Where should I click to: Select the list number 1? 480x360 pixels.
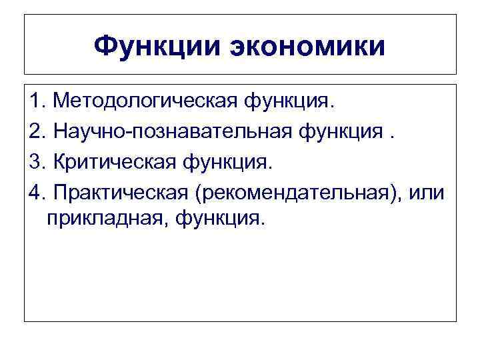coord(36,102)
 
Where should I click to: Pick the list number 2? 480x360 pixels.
coord(36,132)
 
